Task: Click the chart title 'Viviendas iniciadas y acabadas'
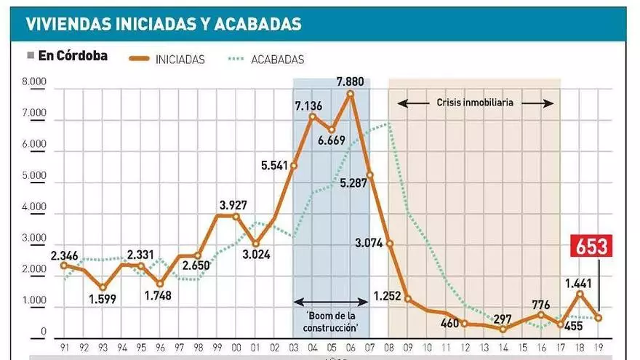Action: click(x=163, y=23)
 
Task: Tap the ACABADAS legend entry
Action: click(x=277, y=60)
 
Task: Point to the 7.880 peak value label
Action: click(x=351, y=79)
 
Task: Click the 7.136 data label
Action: click(x=309, y=105)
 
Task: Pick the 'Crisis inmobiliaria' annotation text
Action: click(x=476, y=103)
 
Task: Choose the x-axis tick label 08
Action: click(x=389, y=348)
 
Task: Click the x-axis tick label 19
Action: click(x=599, y=348)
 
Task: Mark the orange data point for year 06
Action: click(x=351, y=94)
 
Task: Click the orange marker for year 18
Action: click(x=580, y=292)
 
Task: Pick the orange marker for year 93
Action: click(x=103, y=288)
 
